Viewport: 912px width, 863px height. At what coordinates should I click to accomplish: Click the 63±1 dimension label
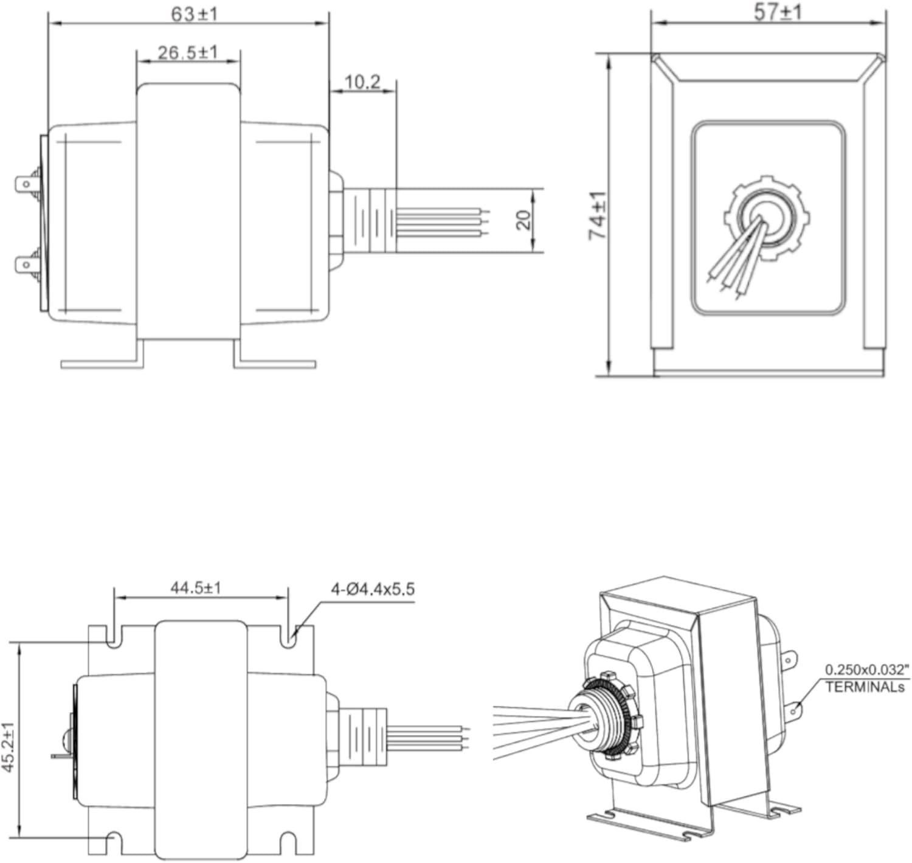click(193, 13)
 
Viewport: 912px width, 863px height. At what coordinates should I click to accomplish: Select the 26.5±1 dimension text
click(187, 52)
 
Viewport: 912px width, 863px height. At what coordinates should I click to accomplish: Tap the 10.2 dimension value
click(362, 81)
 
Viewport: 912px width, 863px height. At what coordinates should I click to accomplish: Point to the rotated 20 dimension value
click(523, 220)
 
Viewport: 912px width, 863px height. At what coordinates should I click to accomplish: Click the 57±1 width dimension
click(778, 12)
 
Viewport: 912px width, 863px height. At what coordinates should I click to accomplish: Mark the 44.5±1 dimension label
click(196, 588)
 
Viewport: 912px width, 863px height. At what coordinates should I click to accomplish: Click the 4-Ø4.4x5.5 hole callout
click(372, 589)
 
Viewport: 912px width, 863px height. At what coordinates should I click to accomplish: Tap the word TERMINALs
click(865, 688)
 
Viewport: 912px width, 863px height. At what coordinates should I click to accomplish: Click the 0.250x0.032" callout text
click(866, 670)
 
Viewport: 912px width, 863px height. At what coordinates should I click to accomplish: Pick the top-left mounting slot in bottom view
click(113, 636)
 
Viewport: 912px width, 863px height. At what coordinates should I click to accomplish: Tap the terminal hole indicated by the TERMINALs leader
click(793, 710)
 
